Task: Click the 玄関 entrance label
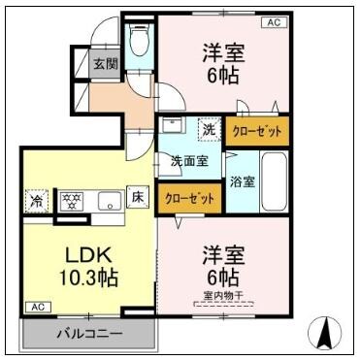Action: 106,65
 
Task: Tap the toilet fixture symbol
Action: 139,42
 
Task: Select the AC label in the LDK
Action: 37,308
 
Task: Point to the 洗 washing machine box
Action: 209,128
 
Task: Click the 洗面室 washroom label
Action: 190,161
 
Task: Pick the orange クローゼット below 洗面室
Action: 189,197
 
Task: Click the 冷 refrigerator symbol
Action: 36,202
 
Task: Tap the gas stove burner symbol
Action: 70,202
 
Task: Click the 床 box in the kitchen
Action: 140,198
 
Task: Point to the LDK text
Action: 89,255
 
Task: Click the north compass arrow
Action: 327,335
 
